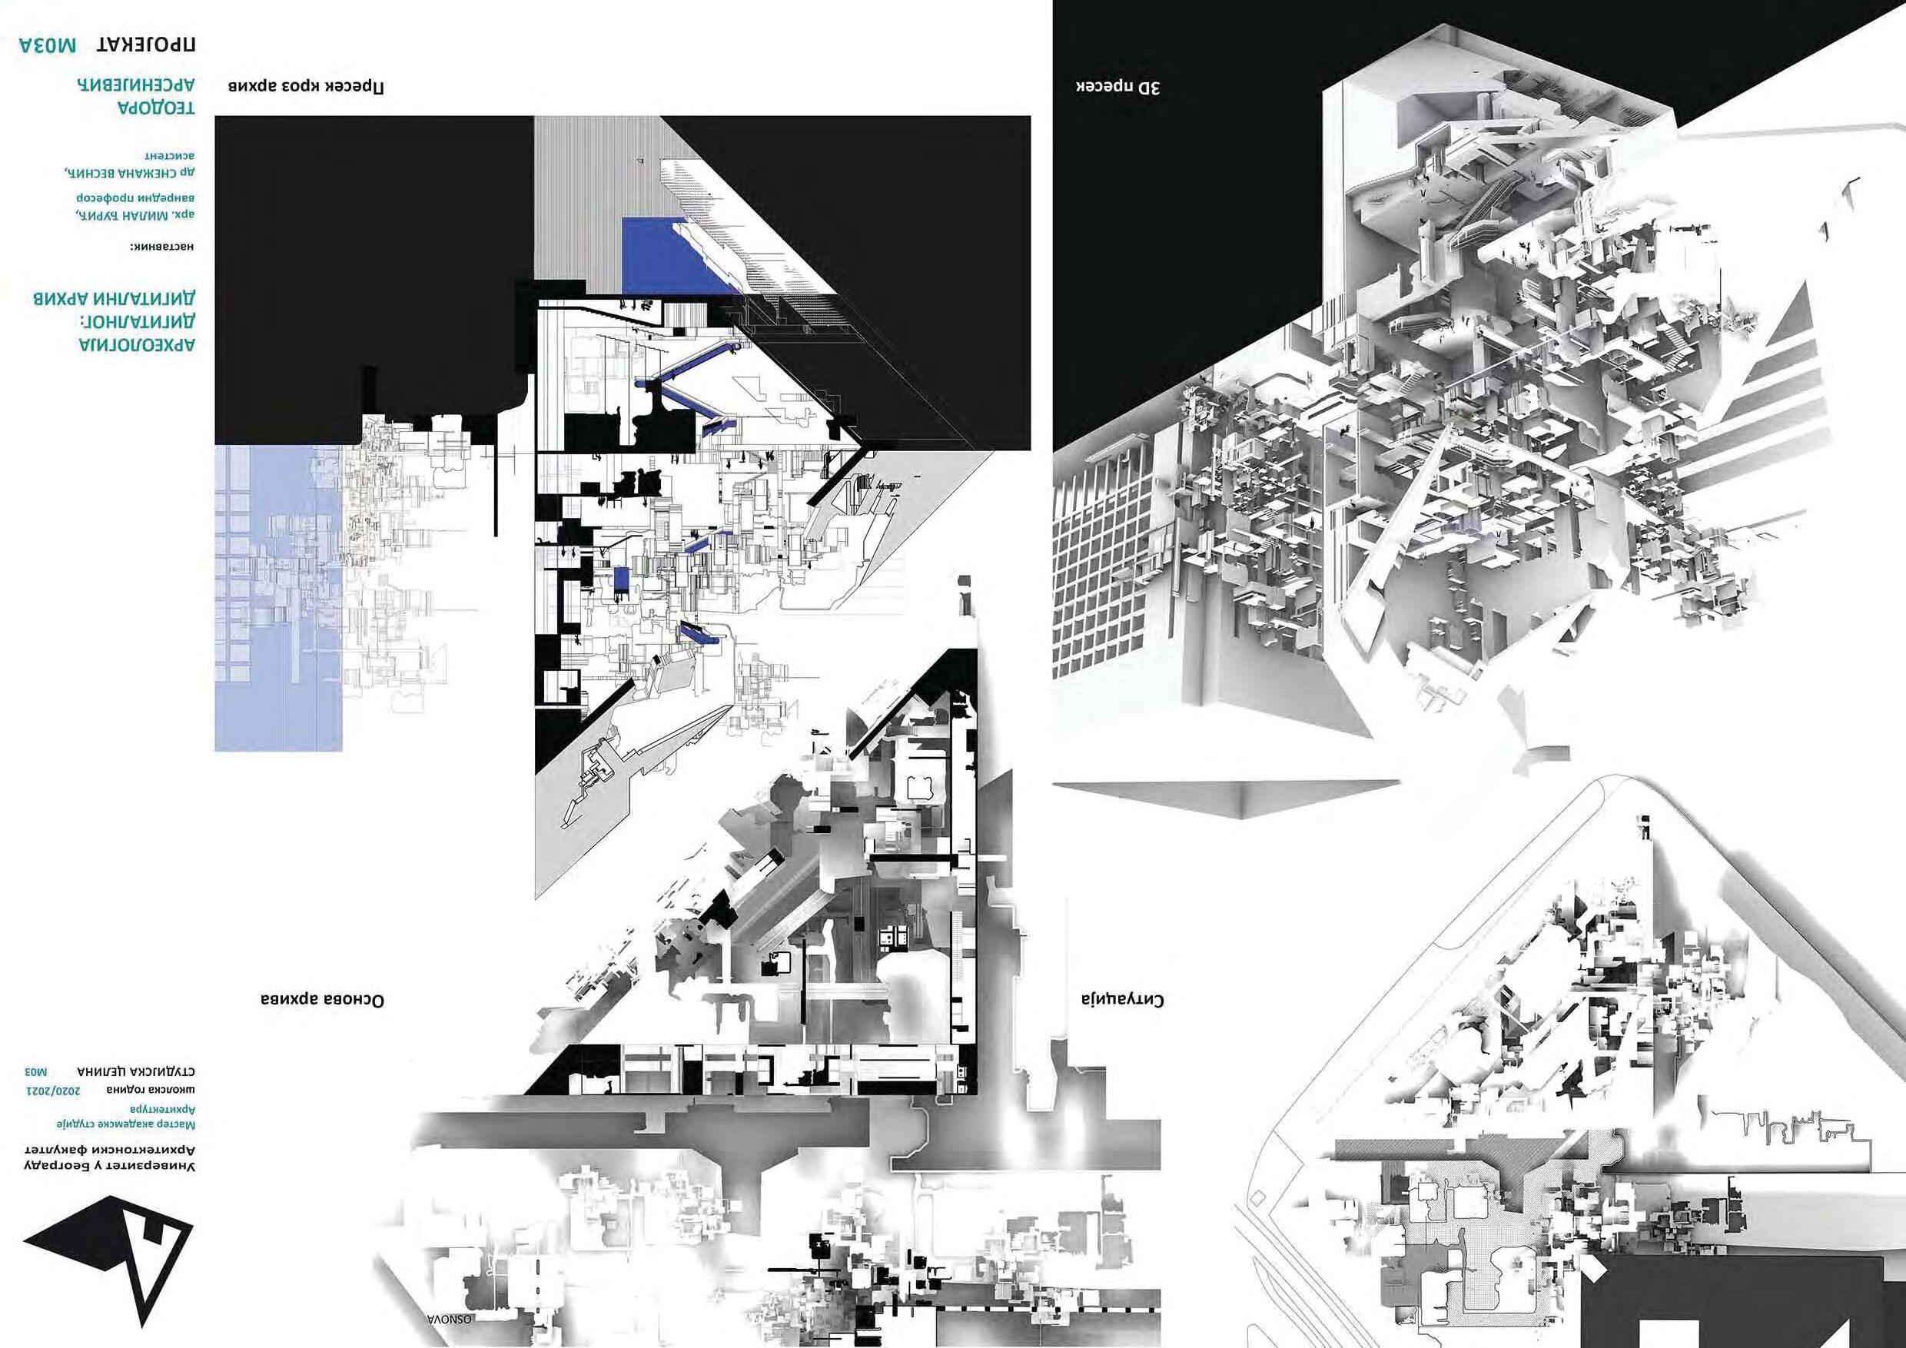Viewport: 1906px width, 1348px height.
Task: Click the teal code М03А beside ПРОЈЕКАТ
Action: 48,46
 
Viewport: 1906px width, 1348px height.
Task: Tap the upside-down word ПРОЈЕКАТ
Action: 146,46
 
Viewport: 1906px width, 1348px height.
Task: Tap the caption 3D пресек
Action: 1117,86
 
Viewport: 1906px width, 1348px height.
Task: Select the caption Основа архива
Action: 321,999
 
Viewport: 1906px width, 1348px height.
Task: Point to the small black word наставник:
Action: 163,247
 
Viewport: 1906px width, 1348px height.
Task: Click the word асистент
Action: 170,154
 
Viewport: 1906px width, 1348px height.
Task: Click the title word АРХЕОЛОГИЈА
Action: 137,344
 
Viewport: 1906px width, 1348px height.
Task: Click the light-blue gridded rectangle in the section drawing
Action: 278,598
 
